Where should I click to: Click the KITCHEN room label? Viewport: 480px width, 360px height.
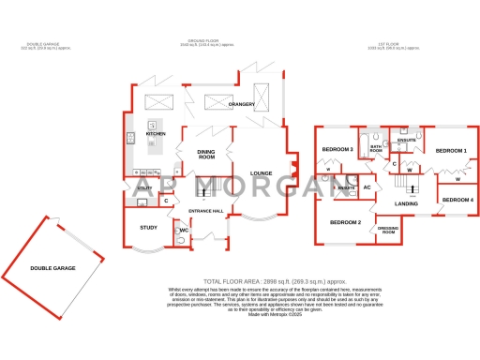[x=156, y=134]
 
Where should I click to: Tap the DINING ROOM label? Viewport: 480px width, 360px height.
[x=207, y=154]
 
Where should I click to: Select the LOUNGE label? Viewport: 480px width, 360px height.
[x=262, y=172]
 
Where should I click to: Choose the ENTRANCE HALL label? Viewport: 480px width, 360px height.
[x=205, y=210]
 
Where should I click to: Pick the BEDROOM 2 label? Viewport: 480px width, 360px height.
[x=346, y=222]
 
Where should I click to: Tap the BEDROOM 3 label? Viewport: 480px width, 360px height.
[x=337, y=150]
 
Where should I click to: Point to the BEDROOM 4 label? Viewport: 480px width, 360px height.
[x=458, y=201]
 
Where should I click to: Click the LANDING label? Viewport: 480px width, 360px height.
[x=406, y=203]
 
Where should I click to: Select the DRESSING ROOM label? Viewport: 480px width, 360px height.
[x=387, y=230]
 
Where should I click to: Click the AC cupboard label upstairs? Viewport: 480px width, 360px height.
[x=367, y=187]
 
